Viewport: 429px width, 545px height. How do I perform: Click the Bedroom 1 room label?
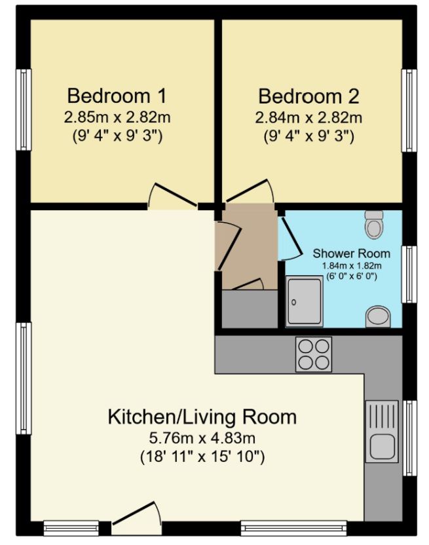click(117, 96)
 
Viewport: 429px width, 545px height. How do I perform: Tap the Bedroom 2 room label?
click(308, 96)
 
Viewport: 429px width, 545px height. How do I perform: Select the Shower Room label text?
click(352, 254)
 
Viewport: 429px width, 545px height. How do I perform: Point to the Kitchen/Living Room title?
click(202, 417)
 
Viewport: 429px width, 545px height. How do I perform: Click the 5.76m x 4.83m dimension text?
click(202, 438)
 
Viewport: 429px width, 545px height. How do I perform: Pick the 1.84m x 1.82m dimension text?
click(352, 266)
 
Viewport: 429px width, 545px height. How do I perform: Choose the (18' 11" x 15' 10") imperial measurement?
click(202, 456)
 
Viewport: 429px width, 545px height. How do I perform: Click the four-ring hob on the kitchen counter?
click(314, 354)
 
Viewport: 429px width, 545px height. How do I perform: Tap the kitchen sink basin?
click(382, 446)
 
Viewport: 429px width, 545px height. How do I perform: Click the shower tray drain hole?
click(294, 303)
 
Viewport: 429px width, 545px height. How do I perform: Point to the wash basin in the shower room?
click(379, 316)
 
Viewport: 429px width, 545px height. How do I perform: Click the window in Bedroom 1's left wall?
click(24, 110)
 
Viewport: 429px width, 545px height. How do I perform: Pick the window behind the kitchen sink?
click(409, 438)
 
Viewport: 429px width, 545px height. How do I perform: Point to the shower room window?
click(409, 274)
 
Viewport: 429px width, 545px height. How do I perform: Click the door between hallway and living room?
click(229, 246)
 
